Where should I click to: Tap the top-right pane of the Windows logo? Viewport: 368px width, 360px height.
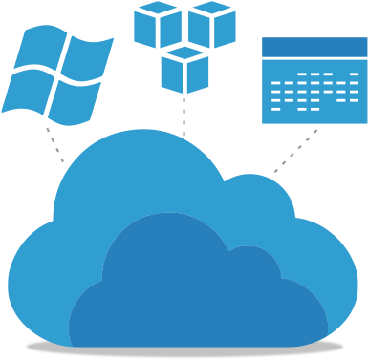[84, 58]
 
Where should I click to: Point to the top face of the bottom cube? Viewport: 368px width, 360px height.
[184, 53]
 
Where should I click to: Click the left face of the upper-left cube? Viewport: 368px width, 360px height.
[144, 30]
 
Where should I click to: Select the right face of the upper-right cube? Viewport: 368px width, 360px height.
[225, 30]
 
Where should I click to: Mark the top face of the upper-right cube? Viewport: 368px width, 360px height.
[211, 10]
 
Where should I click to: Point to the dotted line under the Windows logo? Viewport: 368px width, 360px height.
[55, 144]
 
